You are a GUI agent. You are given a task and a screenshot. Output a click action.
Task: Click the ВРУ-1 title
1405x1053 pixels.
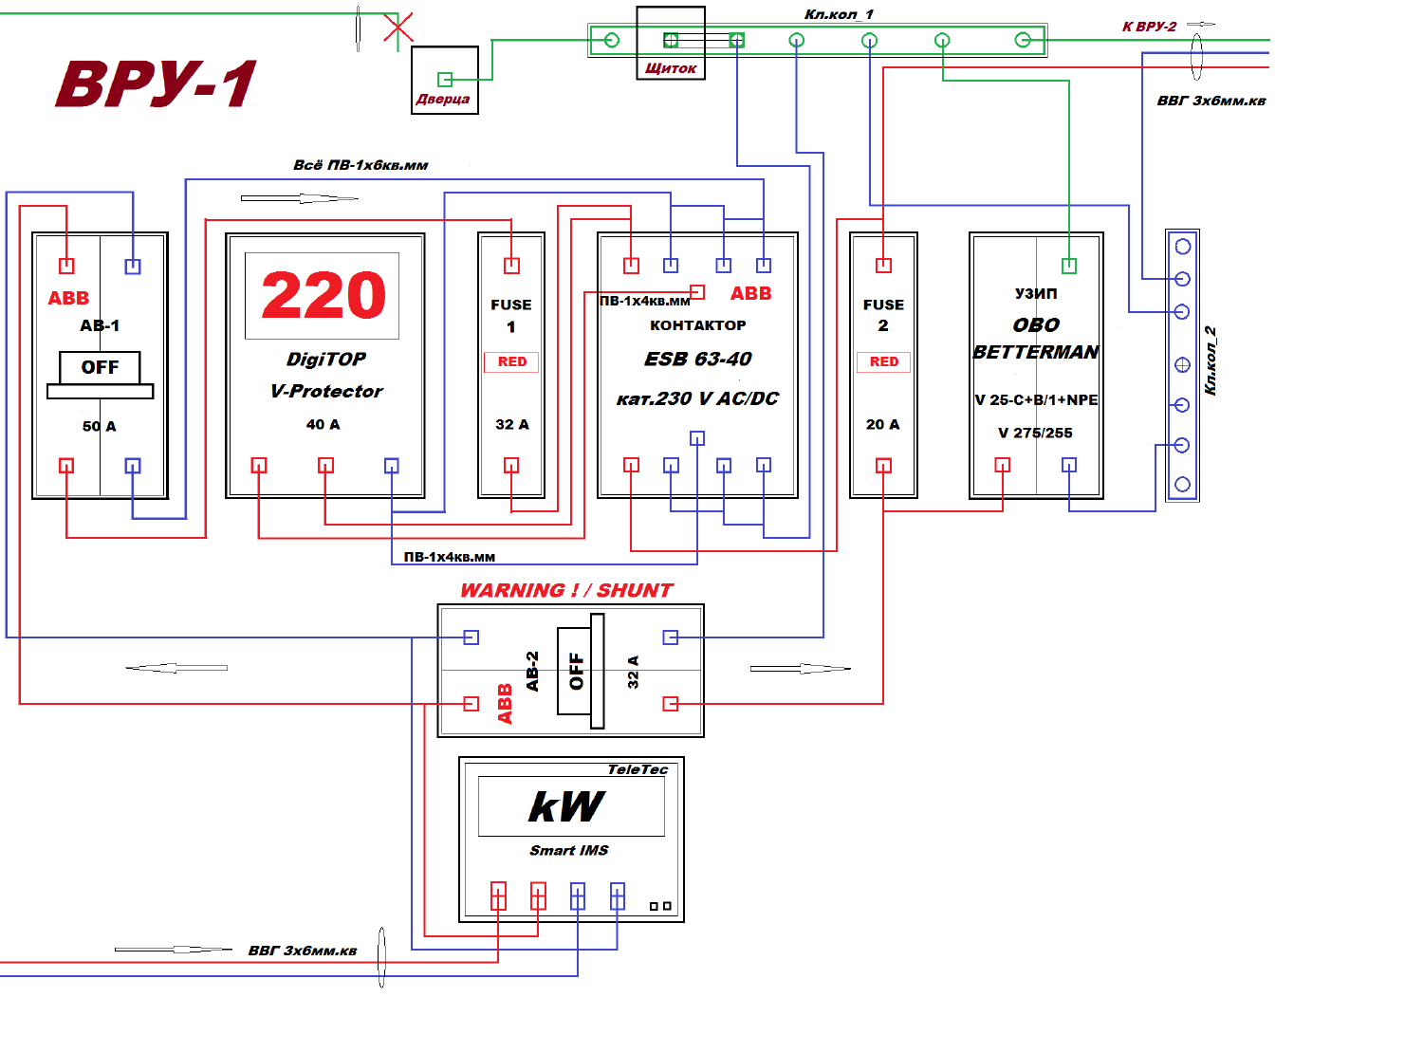point(156,83)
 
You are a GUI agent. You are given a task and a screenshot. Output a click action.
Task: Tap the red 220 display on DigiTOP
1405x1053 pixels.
point(324,294)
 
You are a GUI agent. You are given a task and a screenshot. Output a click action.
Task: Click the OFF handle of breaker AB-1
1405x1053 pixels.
point(100,375)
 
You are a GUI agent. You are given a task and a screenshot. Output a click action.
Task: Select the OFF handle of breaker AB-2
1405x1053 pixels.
point(581,670)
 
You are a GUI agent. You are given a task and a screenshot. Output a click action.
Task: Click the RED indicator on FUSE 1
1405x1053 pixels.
point(511,361)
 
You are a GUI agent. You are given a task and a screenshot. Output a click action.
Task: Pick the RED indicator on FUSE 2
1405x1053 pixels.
point(883,361)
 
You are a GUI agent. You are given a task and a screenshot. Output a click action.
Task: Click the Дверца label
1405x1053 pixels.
point(443,99)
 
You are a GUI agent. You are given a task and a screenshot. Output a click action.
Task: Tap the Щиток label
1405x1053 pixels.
point(670,68)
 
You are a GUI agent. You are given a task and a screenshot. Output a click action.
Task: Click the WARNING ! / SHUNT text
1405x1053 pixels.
point(566,589)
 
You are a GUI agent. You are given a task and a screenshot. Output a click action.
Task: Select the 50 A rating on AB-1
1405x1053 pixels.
point(100,426)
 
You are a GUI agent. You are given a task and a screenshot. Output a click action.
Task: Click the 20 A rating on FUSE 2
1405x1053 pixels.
point(882,424)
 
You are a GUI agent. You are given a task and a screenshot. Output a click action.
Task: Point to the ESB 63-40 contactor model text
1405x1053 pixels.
point(697,359)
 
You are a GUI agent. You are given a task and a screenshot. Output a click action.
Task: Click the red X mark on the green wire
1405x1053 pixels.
point(398,28)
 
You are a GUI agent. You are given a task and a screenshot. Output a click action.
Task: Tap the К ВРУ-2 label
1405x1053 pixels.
point(1149,27)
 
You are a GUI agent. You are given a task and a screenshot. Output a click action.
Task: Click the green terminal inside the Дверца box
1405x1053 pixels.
point(445,80)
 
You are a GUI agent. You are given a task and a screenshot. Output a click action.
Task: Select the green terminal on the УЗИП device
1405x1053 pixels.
point(1069,265)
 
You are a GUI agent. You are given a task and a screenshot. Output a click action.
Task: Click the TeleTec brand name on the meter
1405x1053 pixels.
point(637,769)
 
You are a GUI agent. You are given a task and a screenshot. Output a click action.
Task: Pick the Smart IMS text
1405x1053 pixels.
point(568,850)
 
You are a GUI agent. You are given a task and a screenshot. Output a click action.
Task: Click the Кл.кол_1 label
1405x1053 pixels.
point(839,14)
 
